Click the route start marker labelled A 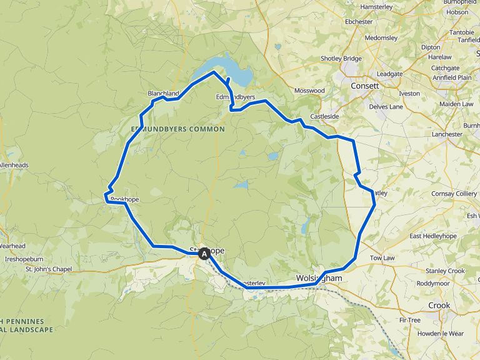(204, 254)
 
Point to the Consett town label (365, 86)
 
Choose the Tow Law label (382, 257)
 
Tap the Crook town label (439, 305)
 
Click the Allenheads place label (14, 165)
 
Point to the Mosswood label (309, 91)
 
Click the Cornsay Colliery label (454, 194)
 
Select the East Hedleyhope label (433, 236)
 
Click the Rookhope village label (124, 199)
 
